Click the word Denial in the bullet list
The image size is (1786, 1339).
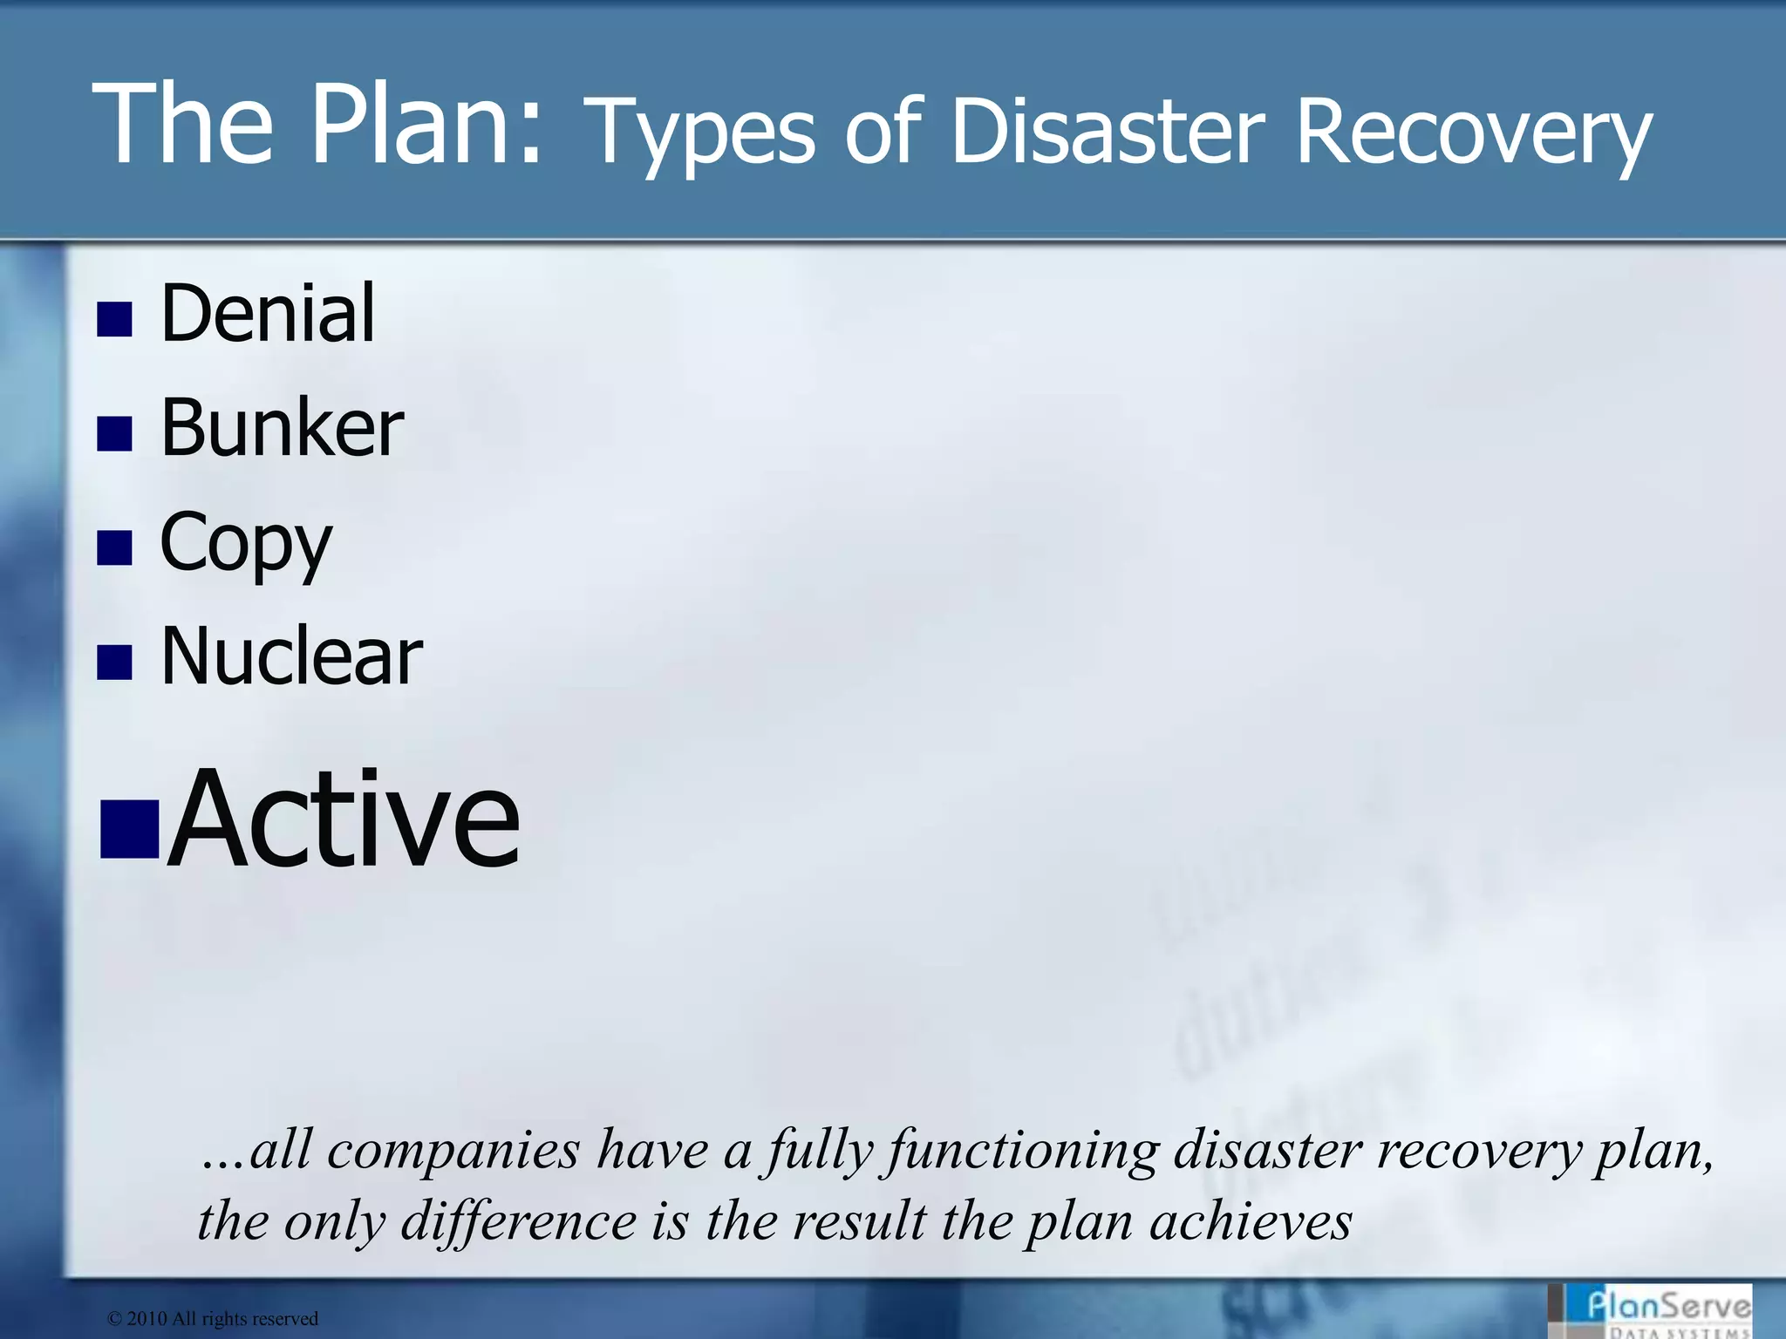click(x=268, y=313)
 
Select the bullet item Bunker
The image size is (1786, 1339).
click(x=282, y=427)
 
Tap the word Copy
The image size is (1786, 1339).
click(x=246, y=544)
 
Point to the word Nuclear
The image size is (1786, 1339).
click(x=291, y=656)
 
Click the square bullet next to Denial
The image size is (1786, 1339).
click(x=114, y=320)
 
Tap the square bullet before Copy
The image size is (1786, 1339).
click(x=114, y=548)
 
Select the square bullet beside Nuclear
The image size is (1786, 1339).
click(x=114, y=663)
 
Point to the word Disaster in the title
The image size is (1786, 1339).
click(x=1107, y=133)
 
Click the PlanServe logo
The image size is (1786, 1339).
click(x=1661, y=1310)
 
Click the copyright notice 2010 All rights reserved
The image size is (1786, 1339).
click(x=213, y=1319)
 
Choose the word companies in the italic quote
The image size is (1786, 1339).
click(x=453, y=1151)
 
